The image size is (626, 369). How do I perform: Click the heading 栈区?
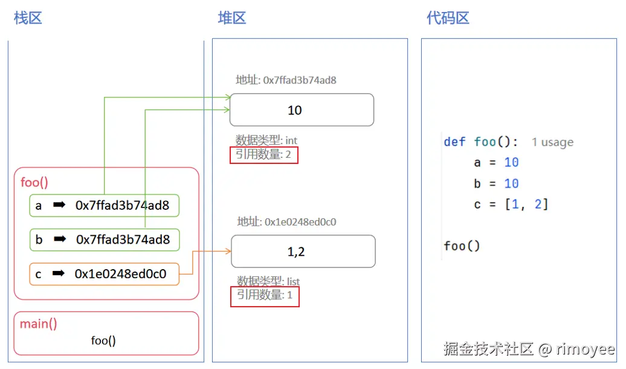[x=28, y=18]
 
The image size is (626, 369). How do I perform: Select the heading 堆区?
[x=232, y=18]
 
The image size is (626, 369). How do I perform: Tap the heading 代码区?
[x=448, y=18]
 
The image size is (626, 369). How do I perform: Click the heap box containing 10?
[x=302, y=110]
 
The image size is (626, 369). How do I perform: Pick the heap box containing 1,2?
[x=303, y=252]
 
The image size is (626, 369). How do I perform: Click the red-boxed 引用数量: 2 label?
[x=264, y=155]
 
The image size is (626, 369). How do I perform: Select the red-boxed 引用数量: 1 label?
[x=265, y=296]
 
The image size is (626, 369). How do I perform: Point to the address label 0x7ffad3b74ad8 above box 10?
[x=286, y=80]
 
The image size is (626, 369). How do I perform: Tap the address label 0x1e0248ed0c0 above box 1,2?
[x=286, y=222]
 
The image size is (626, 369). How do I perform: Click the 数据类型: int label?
[x=266, y=141]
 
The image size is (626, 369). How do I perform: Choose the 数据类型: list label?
[x=268, y=282]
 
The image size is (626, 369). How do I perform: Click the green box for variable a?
[x=105, y=206]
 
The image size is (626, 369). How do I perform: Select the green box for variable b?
[x=105, y=240]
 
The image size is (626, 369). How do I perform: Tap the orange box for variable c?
[x=105, y=274]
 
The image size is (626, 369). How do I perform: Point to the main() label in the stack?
[x=39, y=324]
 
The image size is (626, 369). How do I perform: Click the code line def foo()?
[x=480, y=142]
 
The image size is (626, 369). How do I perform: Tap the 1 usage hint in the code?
[x=552, y=143]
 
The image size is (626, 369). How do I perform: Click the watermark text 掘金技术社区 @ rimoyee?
[x=529, y=349]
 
